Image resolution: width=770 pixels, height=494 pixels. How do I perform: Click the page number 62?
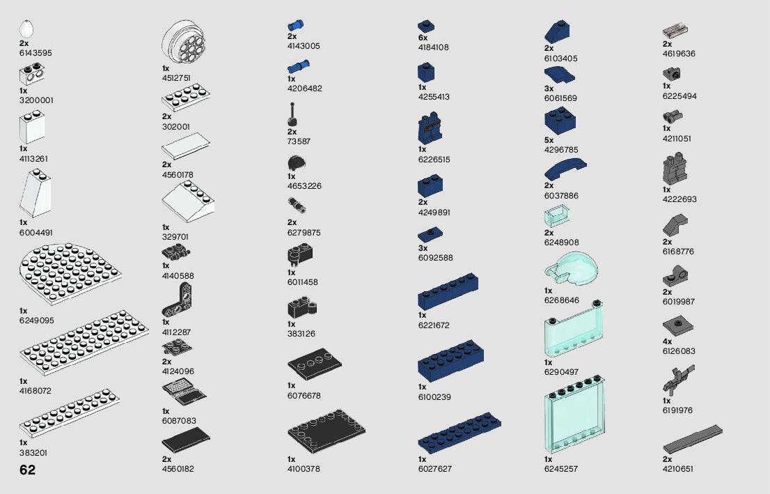pos(28,470)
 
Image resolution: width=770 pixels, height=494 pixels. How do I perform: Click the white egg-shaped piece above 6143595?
pos(27,29)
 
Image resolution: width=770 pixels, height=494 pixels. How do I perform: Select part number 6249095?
pos(37,321)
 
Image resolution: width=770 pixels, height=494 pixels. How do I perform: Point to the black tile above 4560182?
pos(185,441)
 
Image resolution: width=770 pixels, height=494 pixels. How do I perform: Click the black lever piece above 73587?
pos(291,115)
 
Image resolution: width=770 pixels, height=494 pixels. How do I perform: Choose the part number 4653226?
pos(304,186)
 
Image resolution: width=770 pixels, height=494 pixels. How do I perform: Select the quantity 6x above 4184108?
pos(423,38)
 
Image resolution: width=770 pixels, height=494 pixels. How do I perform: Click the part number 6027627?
pos(435,469)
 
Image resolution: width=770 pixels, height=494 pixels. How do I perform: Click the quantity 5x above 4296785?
pos(549,140)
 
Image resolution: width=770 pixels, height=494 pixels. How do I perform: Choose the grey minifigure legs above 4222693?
pos(675,169)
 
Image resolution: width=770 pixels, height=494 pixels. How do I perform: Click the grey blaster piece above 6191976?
pos(679,379)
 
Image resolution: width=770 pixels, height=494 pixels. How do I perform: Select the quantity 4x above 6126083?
pos(667,341)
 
